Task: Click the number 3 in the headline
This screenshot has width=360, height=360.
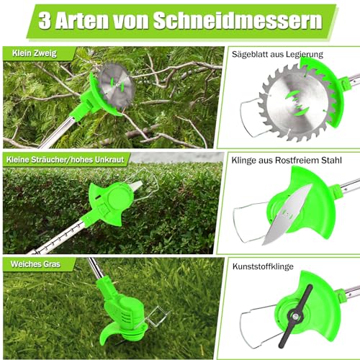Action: (45, 21)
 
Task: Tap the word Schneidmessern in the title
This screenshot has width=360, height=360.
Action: (238, 20)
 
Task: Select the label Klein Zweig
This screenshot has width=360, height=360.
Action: (35, 53)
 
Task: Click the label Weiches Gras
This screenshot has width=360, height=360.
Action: (35, 264)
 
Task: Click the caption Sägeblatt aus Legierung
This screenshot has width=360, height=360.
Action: (277, 55)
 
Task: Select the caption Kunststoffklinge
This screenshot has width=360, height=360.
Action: (263, 266)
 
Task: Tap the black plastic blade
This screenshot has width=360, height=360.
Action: (295, 316)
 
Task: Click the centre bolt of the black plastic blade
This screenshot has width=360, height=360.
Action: (295, 317)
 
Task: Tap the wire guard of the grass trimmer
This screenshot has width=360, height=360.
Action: (157, 318)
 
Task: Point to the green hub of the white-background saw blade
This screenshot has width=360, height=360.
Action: (297, 104)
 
